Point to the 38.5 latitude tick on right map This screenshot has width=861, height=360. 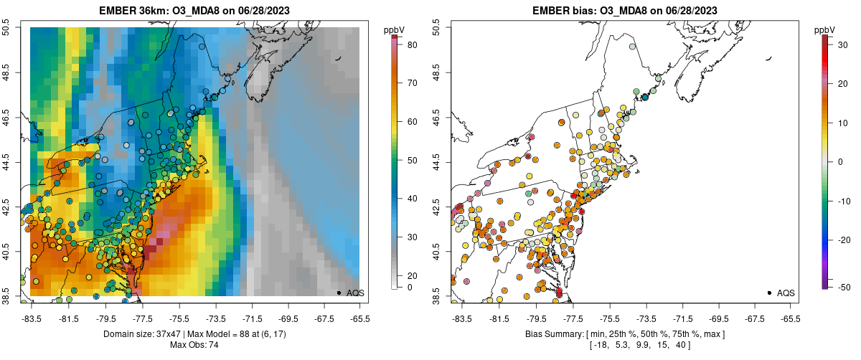coord(438,295)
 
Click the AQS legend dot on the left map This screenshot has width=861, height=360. coord(339,293)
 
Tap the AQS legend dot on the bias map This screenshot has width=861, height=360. coord(768,293)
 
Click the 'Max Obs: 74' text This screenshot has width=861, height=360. coord(194,346)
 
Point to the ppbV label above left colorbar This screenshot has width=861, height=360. coord(393,29)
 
